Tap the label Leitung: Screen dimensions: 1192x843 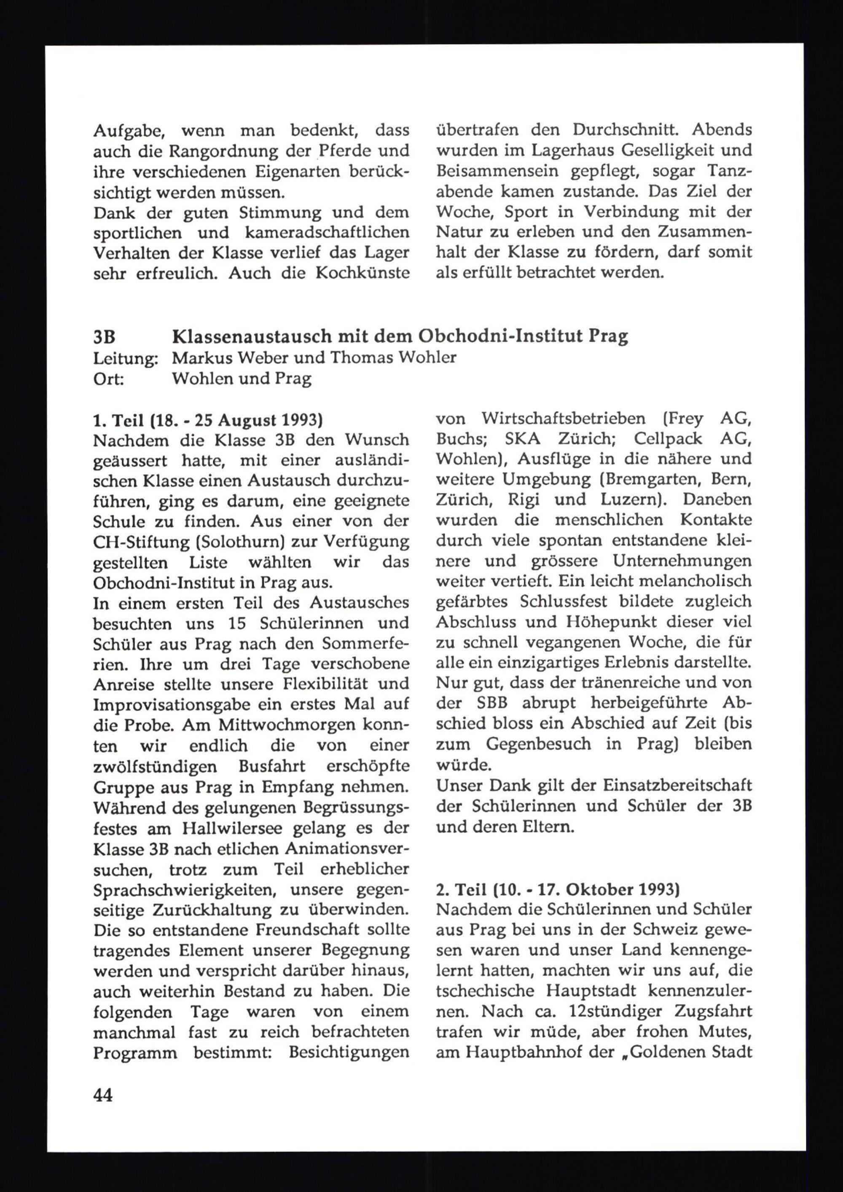[x=125, y=358]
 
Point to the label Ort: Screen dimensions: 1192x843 [x=108, y=379]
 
